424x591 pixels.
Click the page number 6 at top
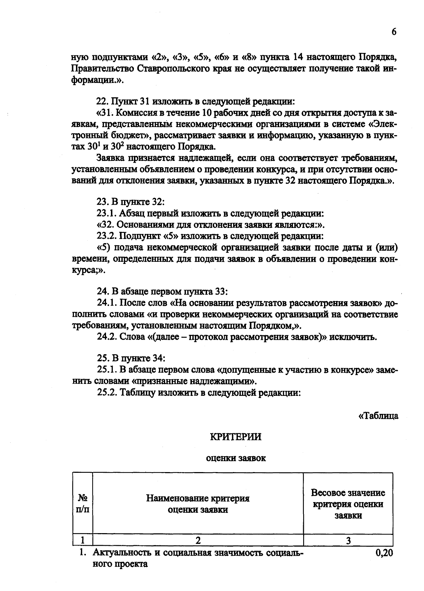tap(394, 32)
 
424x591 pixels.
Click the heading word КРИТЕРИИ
tap(236, 437)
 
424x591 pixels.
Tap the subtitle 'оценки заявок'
tap(236, 458)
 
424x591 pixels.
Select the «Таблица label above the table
tap(378, 416)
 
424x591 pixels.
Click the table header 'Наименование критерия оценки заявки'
tap(198, 504)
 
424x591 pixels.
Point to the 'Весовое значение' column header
tap(348, 493)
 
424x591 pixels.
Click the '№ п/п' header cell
tap(83, 504)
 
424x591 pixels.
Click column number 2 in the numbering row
tap(198, 540)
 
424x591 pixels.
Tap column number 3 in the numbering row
tap(348, 540)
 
